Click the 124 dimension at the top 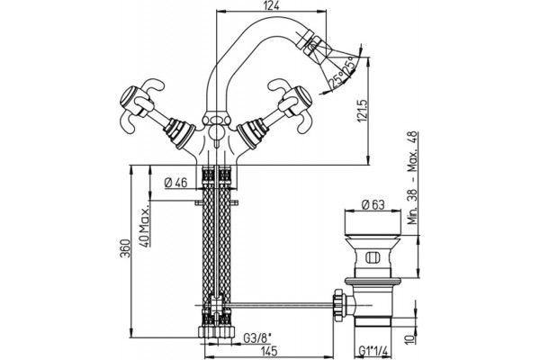click(272, 5)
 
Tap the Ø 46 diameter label click(176, 182)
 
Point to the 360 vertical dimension click(125, 248)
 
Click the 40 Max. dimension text click(145, 227)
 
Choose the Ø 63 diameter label click(373, 205)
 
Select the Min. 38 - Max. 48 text click(412, 178)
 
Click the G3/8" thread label click(256, 338)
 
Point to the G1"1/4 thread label click(373, 351)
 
